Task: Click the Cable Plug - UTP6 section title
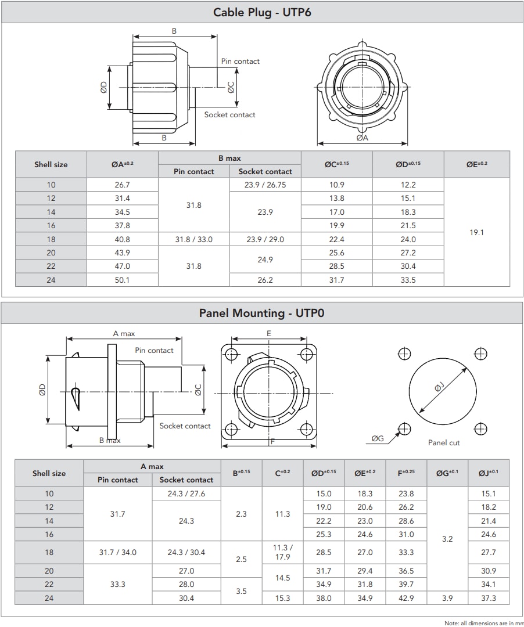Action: pyautogui.click(x=262, y=12)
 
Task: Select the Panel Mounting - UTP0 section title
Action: pyautogui.click(x=262, y=313)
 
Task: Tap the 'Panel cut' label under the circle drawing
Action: pyautogui.click(x=444, y=442)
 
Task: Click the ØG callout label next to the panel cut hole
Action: pyautogui.click(x=378, y=438)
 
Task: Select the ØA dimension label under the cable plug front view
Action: pyautogui.click(x=363, y=138)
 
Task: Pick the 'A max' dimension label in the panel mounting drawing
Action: pyautogui.click(x=124, y=334)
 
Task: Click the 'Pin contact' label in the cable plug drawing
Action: pyautogui.click(x=240, y=62)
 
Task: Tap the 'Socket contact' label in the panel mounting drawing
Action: pyautogui.click(x=185, y=426)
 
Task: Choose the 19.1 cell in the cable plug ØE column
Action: pyautogui.click(x=476, y=232)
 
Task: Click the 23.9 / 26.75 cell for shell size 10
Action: pyautogui.click(x=265, y=185)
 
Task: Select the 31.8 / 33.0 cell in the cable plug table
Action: pyautogui.click(x=194, y=239)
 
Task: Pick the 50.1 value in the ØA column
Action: pyautogui.click(x=123, y=280)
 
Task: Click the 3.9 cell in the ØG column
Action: pyautogui.click(x=447, y=598)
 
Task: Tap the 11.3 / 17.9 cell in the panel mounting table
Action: pyautogui.click(x=282, y=552)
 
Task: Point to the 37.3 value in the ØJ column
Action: pyautogui.click(x=489, y=598)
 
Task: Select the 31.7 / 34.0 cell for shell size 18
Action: pyautogui.click(x=118, y=552)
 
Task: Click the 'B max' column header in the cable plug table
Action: pyautogui.click(x=229, y=158)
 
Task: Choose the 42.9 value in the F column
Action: pyautogui.click(x=406, y=598)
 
